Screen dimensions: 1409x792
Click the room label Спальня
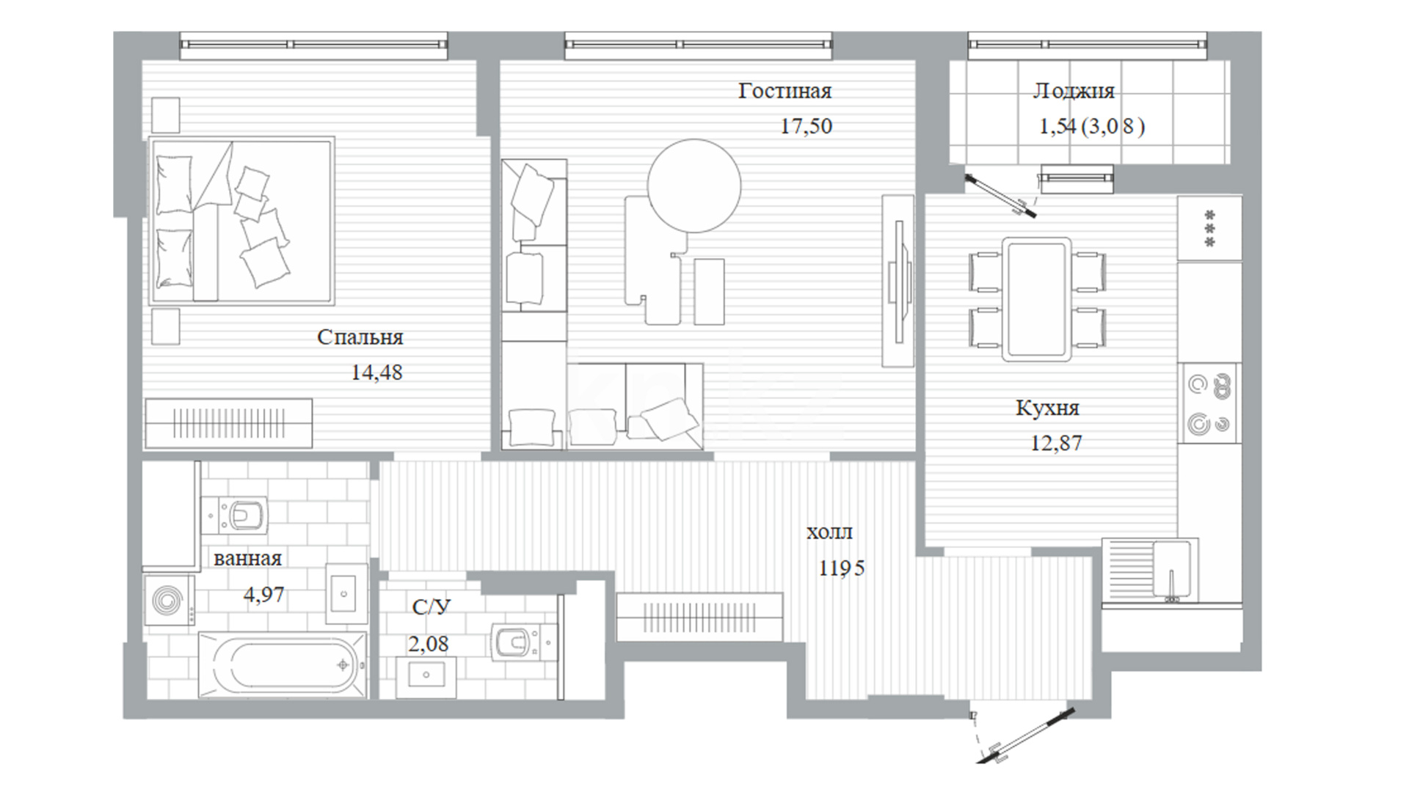pos(360,338)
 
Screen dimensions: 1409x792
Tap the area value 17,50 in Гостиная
pos(806,126)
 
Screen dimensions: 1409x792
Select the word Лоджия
pos(1074,91)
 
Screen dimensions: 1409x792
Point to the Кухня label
pos(1047,408)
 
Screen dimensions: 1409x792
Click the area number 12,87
pos(1056,443)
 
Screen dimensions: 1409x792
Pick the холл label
pos(829,533)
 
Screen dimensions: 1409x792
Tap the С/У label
pos(431,607)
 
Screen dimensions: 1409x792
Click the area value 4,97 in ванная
pos(263,594)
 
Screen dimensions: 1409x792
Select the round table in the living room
pos(694,186)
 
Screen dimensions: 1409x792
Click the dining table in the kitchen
pos(1037,298)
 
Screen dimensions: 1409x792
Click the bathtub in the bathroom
pos(283,665)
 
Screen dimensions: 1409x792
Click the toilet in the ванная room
pos(236,515)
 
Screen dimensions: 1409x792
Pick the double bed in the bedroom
pos(241,221)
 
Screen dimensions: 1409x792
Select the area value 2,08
pos(429,644)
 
